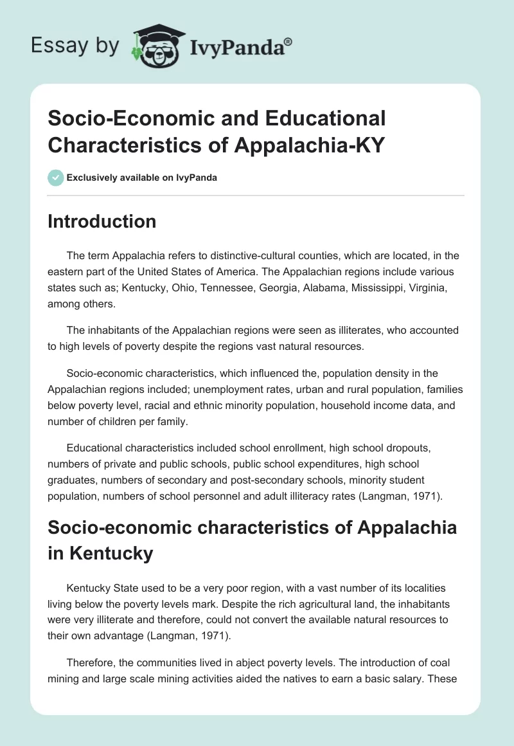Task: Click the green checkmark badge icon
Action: coord(56,177)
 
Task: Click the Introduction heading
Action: coord(102,221)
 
